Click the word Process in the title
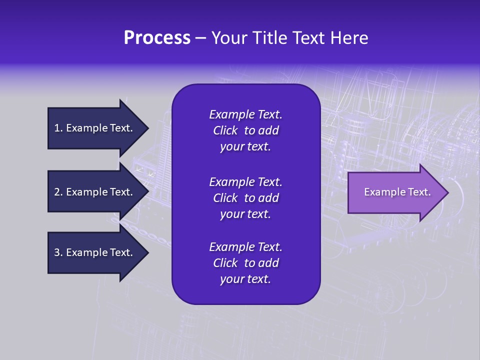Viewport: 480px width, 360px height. [x=157, y=38]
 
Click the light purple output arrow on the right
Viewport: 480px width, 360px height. [x=395, y=192]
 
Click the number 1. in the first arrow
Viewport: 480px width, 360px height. [x=58, y=128]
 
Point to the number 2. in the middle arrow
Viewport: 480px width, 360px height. [x=58, y=192]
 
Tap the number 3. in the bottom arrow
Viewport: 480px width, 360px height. [x=58, y=252]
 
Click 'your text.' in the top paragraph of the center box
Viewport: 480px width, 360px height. [x=245, y=146]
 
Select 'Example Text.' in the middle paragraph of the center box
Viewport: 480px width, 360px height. [x=245, y=181]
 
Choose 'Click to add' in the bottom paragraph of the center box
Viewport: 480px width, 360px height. [x=245, y=263]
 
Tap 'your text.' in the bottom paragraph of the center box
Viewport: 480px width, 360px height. [x=245, y=279]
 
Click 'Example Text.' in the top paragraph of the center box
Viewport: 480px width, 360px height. [x=245, y=114]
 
